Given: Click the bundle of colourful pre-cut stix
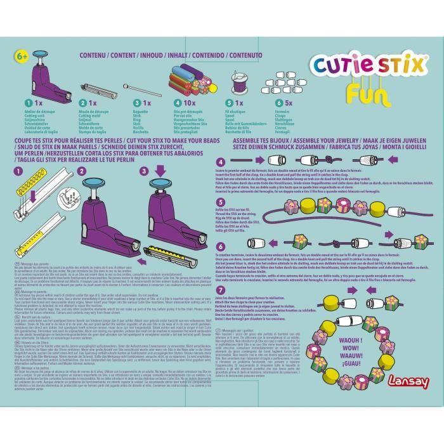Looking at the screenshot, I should point(188,81).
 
